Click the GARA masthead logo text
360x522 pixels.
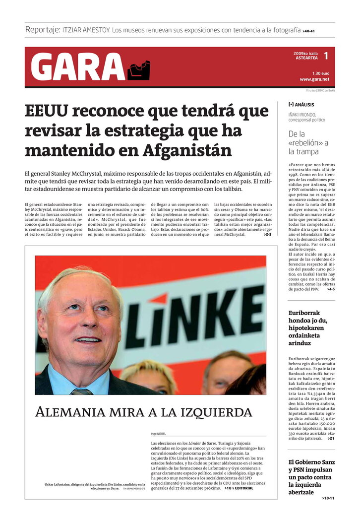point(77,67)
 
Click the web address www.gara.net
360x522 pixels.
point(314,79)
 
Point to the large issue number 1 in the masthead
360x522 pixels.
point(326,56)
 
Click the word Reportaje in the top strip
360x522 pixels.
point(43,30)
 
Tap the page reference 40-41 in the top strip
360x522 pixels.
point(309,31)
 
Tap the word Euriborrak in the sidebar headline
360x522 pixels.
point(304,313)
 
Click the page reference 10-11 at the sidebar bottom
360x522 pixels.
point(328,498)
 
